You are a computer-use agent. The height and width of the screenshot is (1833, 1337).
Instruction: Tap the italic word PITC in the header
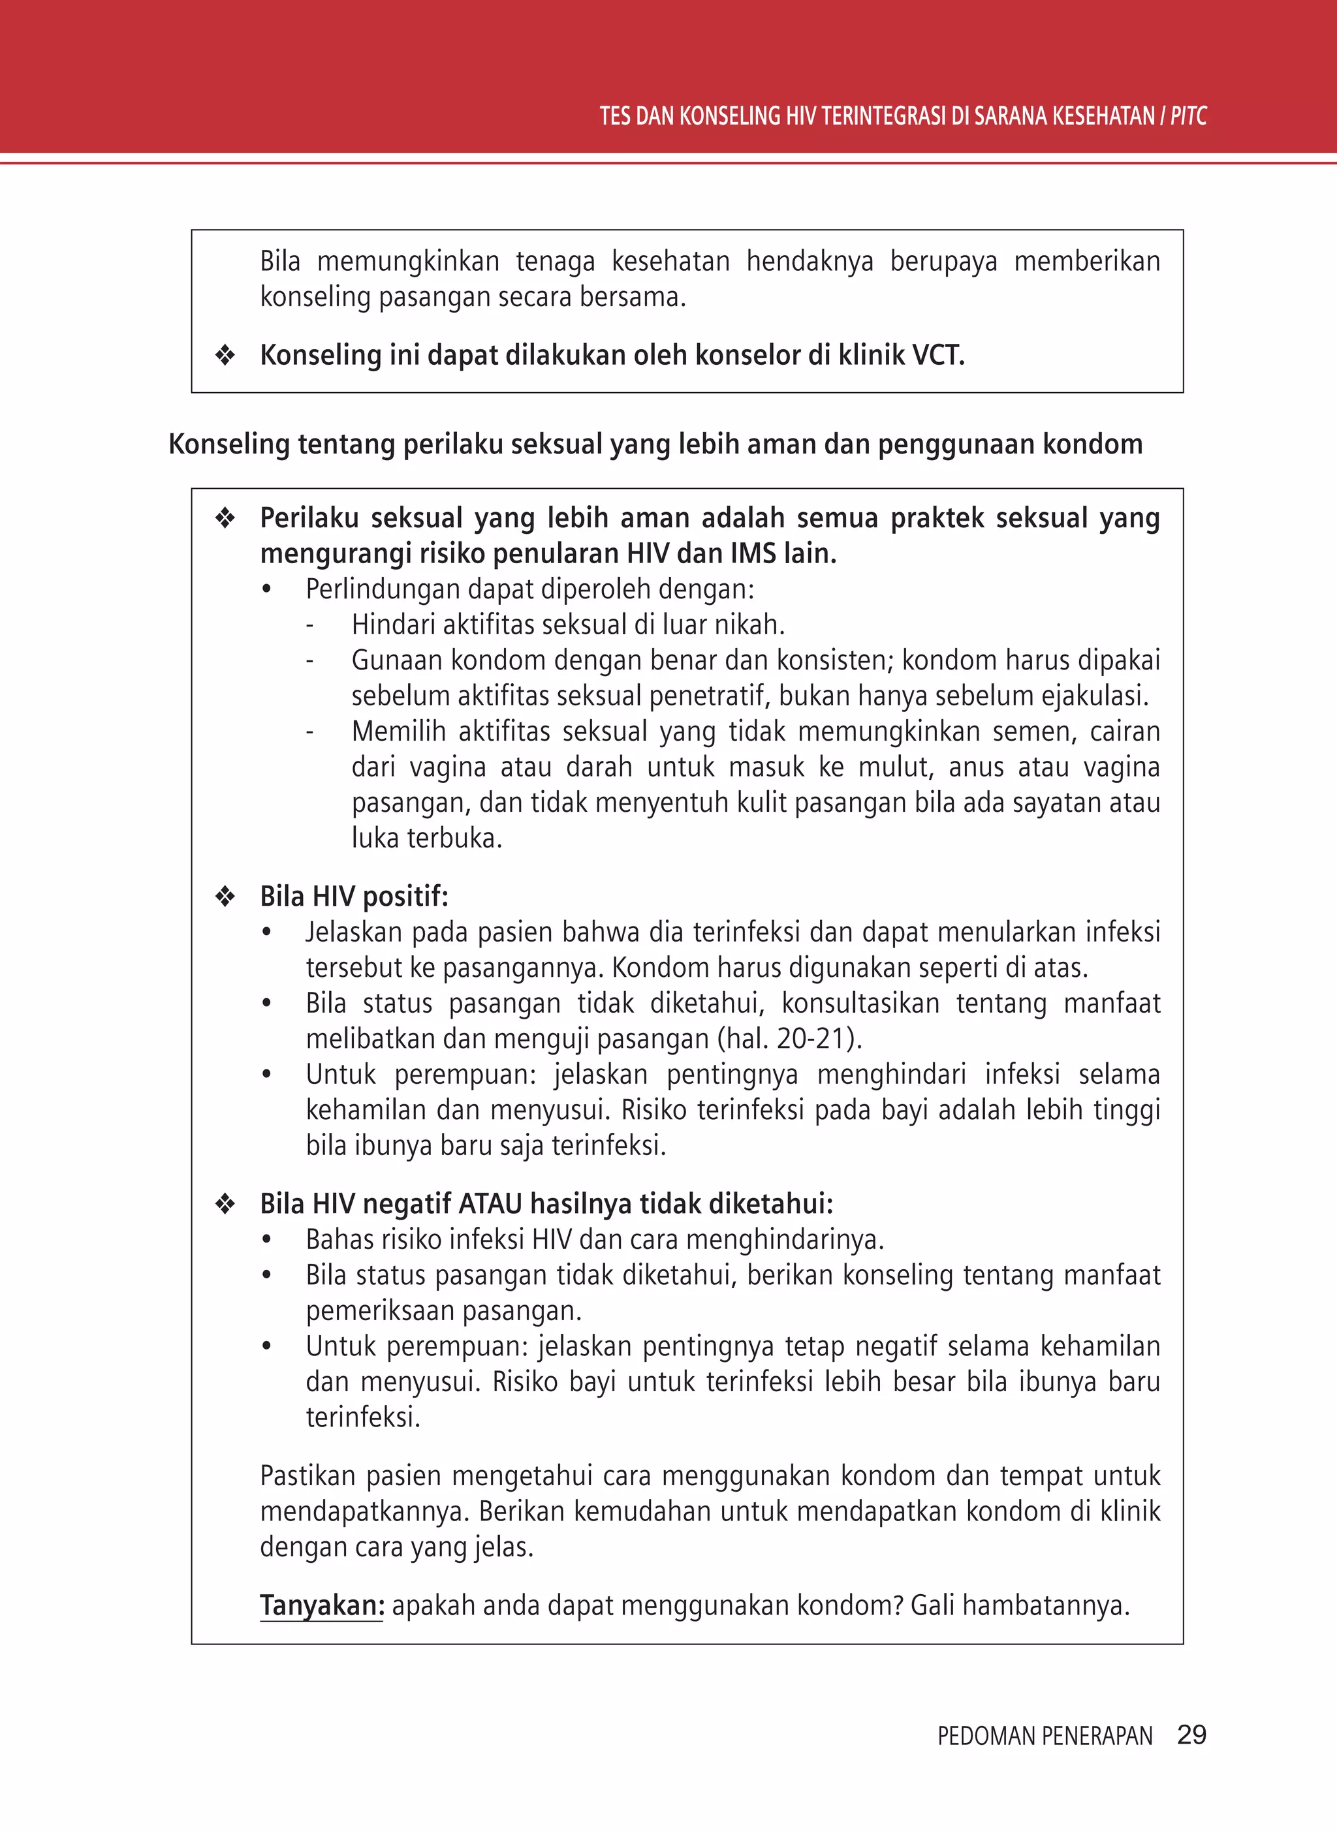point(1188,116)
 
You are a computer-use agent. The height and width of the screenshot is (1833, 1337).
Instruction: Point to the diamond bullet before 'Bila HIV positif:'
point(225,897)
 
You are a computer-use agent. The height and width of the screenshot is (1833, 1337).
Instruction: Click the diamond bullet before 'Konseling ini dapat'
point(225,355)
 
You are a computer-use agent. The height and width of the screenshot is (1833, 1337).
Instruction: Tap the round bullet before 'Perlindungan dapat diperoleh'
point(266,590)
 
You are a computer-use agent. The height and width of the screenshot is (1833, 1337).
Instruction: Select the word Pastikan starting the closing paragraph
point(308,1476)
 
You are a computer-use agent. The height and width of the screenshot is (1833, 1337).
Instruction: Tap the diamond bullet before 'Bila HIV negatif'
point(225,1204)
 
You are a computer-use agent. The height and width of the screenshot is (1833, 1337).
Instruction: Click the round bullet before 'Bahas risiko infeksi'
point(266,1240)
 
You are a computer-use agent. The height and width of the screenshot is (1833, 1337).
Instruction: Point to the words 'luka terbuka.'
point(426,838)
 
